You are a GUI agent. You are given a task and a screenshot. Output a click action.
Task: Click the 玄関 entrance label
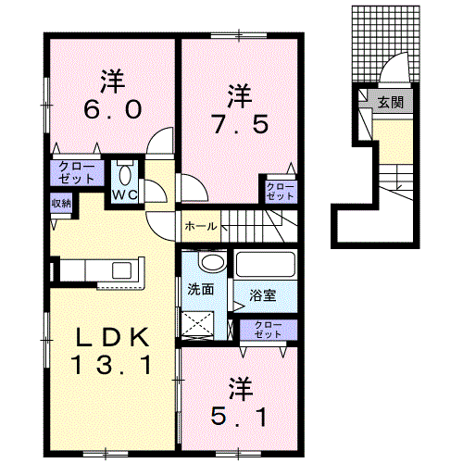tap(391, 102)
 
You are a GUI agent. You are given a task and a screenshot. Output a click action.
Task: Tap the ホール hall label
tap(201, 227)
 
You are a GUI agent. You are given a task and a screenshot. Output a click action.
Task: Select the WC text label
tap(124, 194)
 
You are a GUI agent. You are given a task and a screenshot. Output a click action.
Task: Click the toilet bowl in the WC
tap(125, 176)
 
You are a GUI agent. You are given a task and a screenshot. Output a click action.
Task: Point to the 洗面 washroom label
tap(201, 289)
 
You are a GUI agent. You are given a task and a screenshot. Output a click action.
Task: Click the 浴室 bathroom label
tap(263, 295)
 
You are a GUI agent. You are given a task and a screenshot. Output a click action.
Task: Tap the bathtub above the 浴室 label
tap(265, 265)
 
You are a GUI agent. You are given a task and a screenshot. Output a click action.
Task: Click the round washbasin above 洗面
tap(213, 262)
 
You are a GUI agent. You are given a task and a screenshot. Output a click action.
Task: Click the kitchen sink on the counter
tap(121, 270)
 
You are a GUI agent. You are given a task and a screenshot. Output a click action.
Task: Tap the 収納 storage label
tap(61, 204)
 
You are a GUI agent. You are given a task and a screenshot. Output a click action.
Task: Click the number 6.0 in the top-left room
tap(113, 109)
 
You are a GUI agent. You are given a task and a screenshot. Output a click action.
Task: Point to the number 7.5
tap(240, 124)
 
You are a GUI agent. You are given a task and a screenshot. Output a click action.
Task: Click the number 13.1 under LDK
tap(112, 365)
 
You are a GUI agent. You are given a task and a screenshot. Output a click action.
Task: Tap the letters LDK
tap(112, 337)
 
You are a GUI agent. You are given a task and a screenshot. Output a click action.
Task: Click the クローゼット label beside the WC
tap(76, 173)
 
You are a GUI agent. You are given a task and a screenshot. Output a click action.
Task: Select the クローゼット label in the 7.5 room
tap(281, 192)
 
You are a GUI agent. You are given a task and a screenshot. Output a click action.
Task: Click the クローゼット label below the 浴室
tap(268, 330)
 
